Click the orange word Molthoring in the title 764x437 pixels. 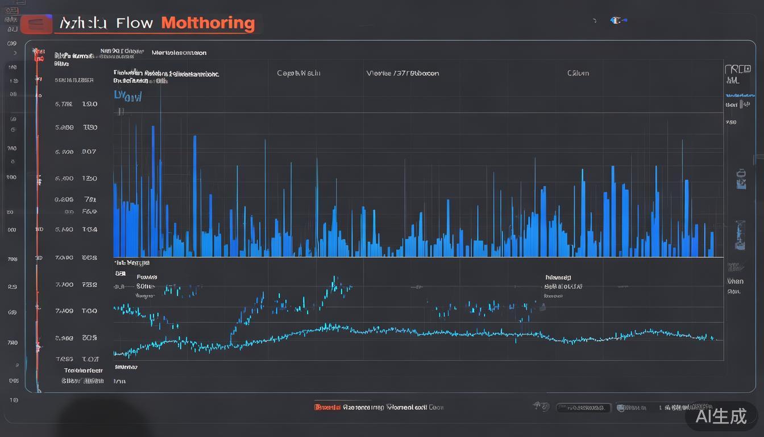point(207,23)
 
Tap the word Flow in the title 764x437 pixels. point(134,23)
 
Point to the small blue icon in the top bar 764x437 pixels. point(616,20)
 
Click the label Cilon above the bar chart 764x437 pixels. point(578,73)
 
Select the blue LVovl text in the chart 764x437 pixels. point(127,96)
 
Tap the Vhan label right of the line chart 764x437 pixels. point(735,281)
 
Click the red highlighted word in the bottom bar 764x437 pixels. point(327,407)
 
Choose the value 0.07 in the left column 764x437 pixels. point(89,152)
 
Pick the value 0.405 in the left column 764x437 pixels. point(64,200)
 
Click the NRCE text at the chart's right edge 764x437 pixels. point(737,70)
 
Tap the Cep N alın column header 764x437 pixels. point(298,73)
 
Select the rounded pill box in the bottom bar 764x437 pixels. point(583,408)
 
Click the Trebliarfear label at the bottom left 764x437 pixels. point(83,370)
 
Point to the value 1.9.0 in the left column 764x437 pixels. point(90,104)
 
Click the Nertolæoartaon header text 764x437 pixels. point(179,53)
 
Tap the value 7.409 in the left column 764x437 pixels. point(64,311)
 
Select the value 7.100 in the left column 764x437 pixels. point(64,285)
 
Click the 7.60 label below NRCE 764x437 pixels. point(731,122)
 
